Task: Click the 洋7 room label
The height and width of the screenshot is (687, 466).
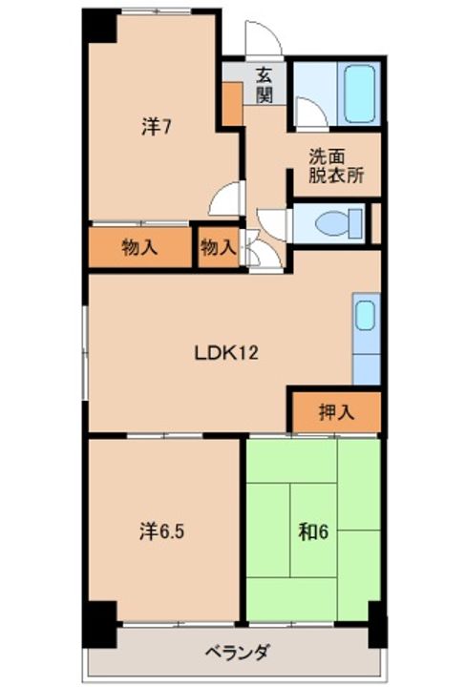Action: [156, 127]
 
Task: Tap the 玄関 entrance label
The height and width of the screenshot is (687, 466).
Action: [265, 85]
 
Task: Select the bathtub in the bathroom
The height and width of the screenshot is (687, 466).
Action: [360, 94]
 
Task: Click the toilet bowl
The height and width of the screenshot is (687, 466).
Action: [338, 223]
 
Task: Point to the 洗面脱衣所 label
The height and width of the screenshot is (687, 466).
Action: [336, 166]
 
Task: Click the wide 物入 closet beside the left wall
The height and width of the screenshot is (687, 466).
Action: [139, 247]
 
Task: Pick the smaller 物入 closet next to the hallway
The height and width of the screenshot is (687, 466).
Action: [218, 247]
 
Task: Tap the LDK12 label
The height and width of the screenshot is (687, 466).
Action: [226, 352]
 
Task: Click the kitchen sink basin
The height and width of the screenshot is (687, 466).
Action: [365, 315]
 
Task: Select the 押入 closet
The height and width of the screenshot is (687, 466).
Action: [336, 412]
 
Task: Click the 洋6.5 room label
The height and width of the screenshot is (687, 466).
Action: [161, 531]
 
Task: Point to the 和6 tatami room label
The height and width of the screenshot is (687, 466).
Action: [313, 531]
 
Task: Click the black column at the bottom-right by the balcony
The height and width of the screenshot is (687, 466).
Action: [377, 624]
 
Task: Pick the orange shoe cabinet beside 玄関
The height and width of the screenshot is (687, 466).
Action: [232, 104]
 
